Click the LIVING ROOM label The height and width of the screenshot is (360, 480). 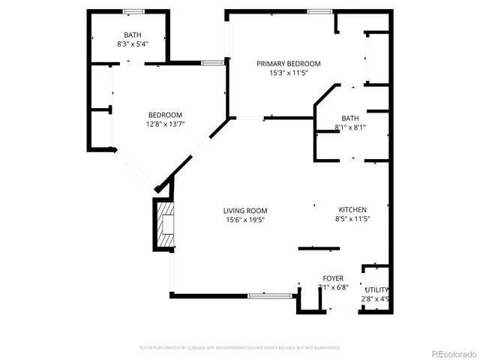point(245,211)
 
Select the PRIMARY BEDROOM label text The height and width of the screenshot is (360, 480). point(289,64)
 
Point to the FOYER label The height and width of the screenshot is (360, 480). point(333,278)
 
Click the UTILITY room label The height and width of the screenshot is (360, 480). point(376,290)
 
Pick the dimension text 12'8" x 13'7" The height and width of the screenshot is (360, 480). point(165,124)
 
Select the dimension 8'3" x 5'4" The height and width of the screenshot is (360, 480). point(133,44)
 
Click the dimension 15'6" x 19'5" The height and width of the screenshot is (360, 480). point(245,220)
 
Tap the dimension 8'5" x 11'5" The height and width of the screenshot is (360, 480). point(352,220)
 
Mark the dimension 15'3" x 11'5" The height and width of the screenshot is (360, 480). point(289,73)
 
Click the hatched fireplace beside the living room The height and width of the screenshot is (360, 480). point(165,223)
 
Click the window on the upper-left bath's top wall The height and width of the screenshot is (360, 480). point(134,11)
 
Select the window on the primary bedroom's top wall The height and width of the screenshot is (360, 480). point(319,11)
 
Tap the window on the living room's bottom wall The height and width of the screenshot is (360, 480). point(270,295)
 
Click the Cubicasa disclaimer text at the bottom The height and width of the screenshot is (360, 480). point(240,348)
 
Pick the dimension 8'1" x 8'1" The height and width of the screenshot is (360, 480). point(350,127)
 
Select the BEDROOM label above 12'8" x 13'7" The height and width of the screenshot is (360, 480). point(165,115)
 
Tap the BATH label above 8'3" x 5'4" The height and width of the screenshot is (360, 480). point(133,35)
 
